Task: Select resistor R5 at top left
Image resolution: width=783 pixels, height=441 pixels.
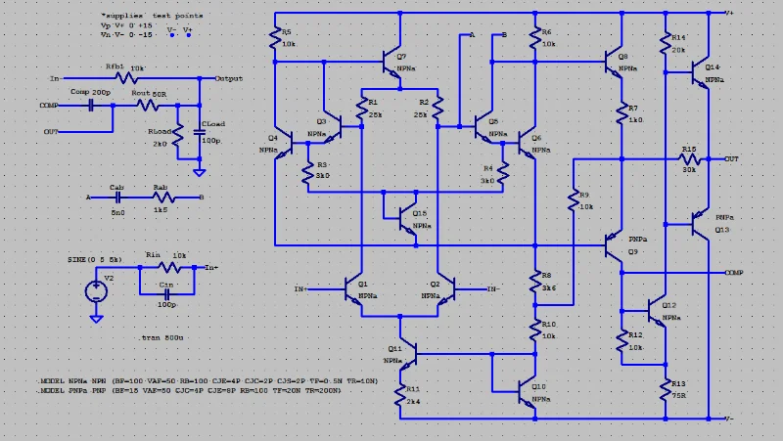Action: [x=275, y=39]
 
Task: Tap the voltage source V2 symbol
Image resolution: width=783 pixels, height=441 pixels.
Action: [x=95, y=290]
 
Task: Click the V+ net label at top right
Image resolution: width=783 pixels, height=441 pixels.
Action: [x=730, y=14]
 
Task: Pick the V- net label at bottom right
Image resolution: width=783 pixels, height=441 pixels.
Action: [x=729, y=418]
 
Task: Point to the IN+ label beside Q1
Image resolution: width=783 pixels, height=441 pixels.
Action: [x=300, y=289]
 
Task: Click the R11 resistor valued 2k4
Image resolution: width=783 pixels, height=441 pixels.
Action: [x=400, y=393]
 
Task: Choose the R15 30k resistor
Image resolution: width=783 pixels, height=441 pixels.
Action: [x=689, y=157]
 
